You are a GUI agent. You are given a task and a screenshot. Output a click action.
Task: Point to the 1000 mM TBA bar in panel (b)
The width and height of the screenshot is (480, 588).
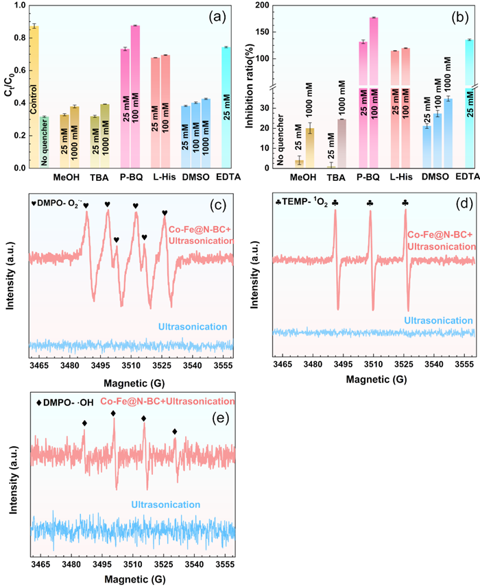(341, 143)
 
